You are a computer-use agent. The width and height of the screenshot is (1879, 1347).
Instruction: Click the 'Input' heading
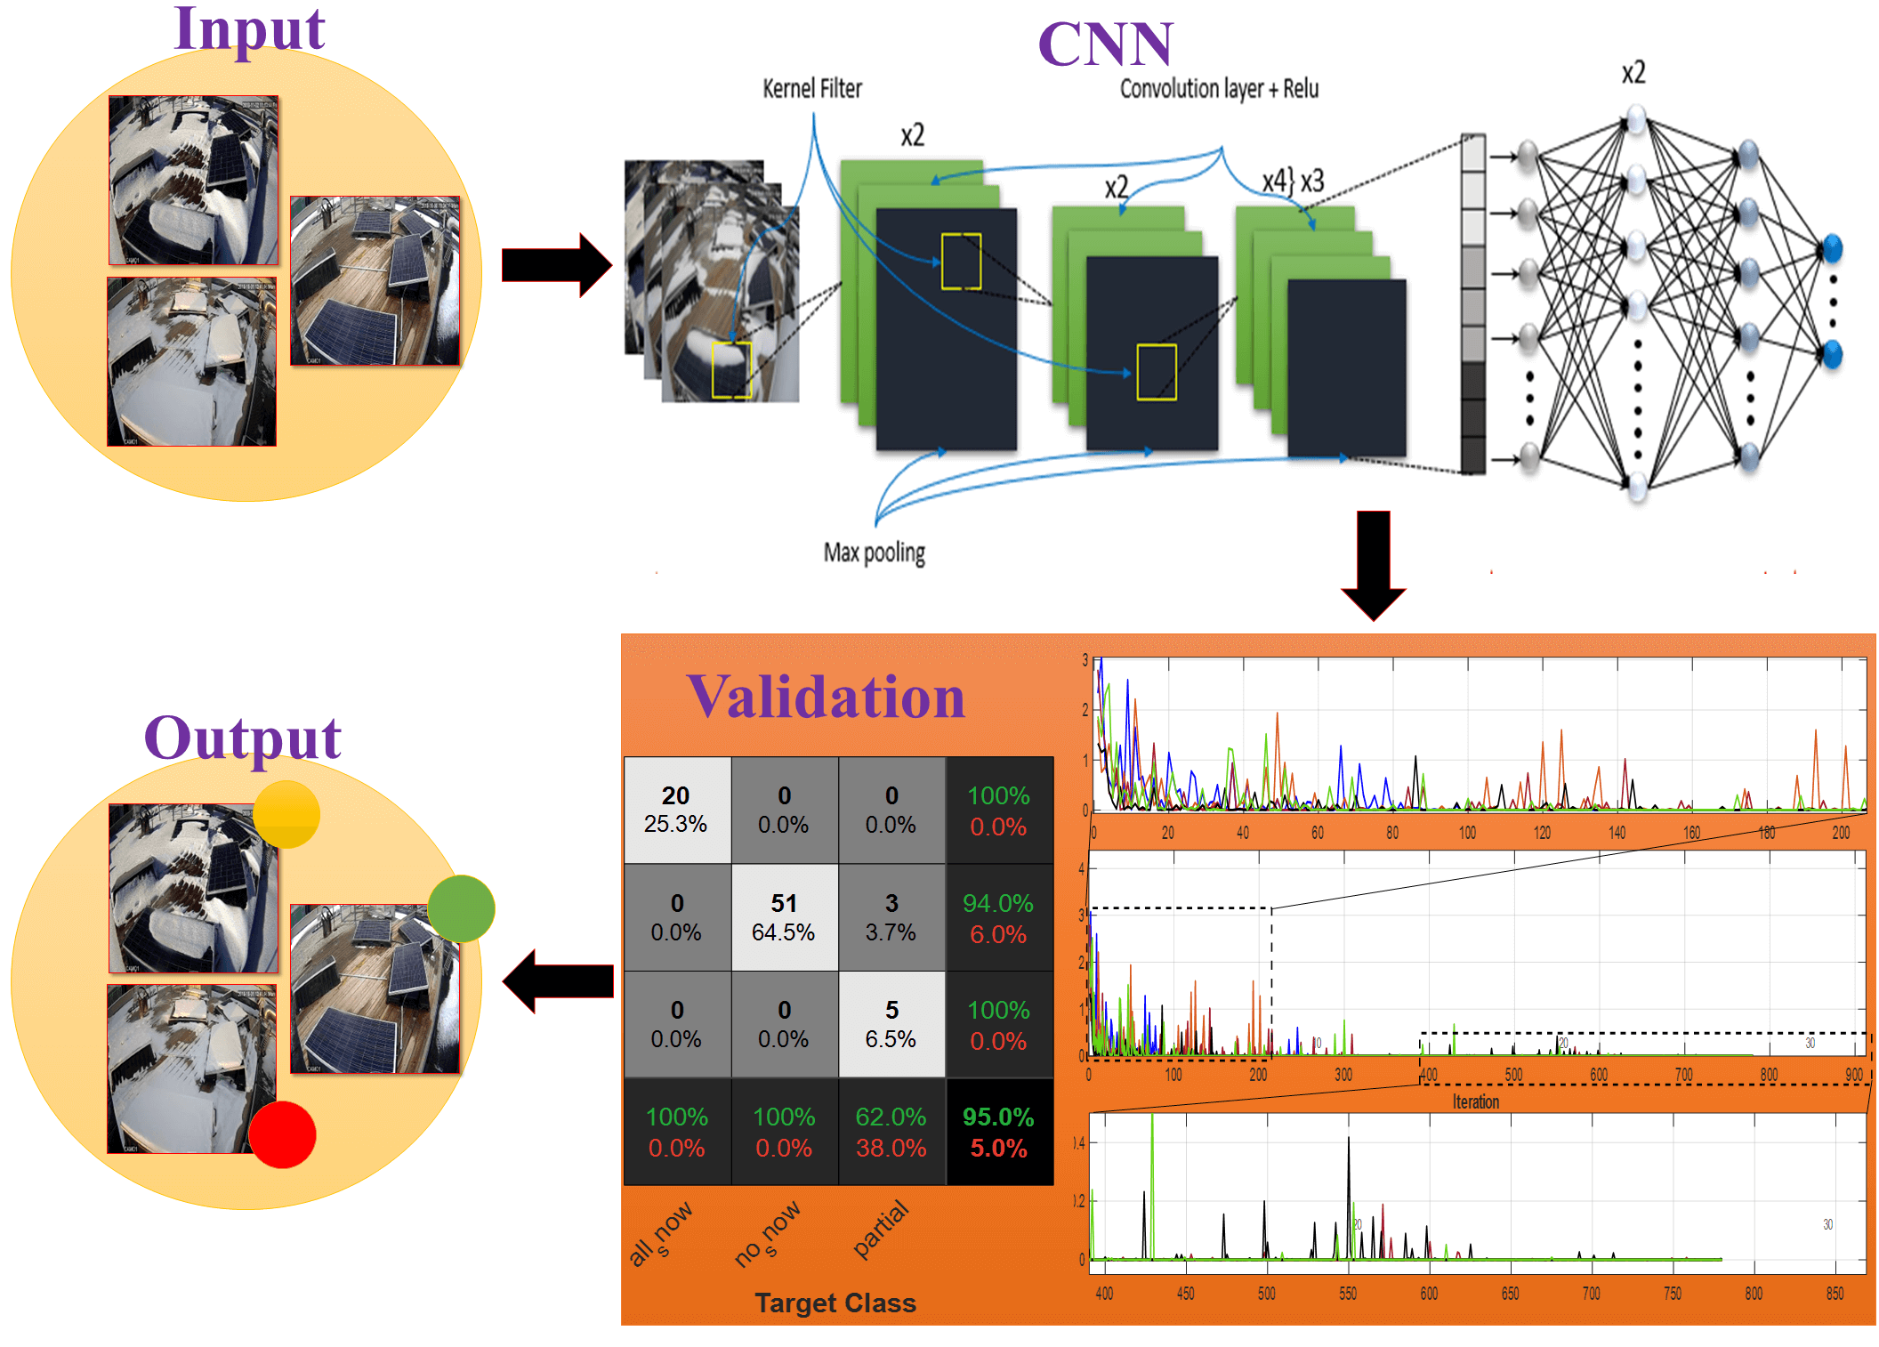point(249,28)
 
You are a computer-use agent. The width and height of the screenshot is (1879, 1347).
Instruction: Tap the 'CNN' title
point(1105,44)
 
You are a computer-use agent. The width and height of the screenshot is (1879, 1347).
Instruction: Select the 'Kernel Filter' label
point(811,89)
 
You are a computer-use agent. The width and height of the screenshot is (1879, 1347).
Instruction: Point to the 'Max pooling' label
point(874,553)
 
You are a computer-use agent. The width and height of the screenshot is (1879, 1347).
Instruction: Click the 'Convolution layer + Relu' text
point(1218,89)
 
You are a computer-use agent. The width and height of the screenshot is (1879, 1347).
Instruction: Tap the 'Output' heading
point(242,738)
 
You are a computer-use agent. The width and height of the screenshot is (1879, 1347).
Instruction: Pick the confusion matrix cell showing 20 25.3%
point(676,810)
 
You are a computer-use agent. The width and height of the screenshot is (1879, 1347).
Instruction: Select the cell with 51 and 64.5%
point(784,917)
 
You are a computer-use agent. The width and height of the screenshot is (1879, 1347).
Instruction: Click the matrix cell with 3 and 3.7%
point(891,917)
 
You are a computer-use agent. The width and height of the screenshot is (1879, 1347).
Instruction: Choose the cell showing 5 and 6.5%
point(891,1024)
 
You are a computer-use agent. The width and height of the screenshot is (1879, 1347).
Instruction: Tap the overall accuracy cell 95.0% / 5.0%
point(998,1132)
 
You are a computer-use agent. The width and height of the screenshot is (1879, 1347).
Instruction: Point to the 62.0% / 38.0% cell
point(891,1132)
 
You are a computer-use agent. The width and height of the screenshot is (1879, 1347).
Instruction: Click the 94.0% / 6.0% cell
point(998,917)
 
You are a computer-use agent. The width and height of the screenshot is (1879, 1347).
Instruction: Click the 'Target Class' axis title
point(835,1303)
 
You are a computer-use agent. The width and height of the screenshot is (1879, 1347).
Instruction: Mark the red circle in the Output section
point(283,1134)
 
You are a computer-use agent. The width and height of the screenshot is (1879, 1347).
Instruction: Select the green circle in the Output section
point(461,908)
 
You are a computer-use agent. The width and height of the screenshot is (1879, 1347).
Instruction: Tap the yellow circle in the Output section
point(286,814)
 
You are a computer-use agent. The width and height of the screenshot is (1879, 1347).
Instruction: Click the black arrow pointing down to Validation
point(1373,564)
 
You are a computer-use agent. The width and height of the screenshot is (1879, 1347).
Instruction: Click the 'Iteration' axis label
point(1475,1102)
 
